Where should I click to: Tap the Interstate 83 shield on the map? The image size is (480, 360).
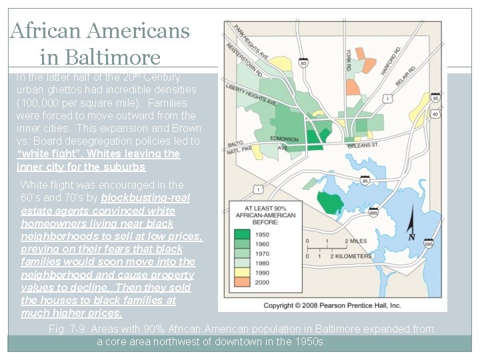(x=303, y=62)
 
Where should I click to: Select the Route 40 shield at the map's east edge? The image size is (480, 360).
(x=435, y=114)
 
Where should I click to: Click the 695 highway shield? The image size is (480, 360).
(x=428, y=245)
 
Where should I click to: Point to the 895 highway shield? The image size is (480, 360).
(x=373, y=213)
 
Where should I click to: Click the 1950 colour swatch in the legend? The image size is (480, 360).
(x=243, y=235)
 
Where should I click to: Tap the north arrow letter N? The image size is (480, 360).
(x=411, y=237)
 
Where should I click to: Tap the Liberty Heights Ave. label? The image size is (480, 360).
(x=251, y=95)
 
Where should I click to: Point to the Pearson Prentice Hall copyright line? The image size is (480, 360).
(x=332, y=305)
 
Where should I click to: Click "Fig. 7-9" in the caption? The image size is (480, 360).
(x=67, y=329)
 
